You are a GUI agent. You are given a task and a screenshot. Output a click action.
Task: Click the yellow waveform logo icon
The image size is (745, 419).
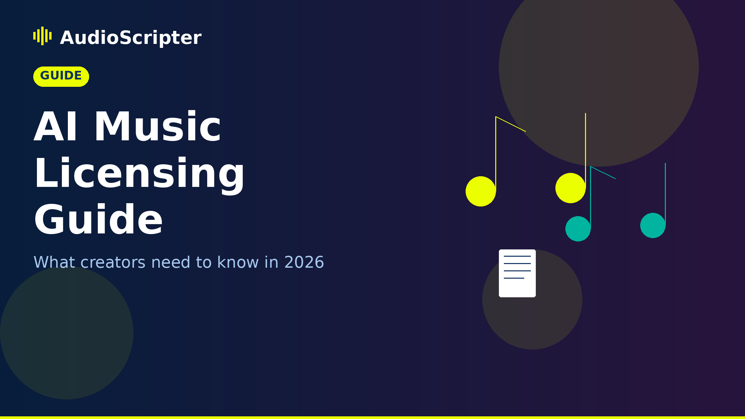pos(42,36)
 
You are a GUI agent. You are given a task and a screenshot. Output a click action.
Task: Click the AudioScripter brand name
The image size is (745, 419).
pos(130,38)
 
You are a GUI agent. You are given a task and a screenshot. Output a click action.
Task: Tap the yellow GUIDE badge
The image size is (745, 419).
pos(61,76)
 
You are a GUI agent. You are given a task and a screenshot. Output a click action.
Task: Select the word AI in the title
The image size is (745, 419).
pos(56,127)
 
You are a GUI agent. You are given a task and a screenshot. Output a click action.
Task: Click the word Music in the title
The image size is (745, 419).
pos(157,127)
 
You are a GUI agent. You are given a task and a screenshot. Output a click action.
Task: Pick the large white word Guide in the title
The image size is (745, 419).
pos(98,220)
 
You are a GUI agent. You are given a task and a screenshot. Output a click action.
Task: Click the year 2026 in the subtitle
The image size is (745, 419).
pos(304,262)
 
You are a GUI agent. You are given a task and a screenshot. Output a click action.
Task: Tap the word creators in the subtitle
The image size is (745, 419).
pos(113,262)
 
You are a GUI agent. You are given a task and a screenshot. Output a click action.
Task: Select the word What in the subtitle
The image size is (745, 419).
pos(54,262)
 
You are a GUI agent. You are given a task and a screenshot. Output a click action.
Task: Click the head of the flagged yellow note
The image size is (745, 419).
pos(481,191)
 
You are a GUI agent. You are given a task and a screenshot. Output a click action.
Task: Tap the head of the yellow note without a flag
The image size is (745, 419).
pos(570,188)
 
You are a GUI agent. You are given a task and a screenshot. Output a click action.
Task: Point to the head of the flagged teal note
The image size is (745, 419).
pos(578,229)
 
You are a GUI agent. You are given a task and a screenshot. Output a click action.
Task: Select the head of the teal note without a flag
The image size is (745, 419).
pos(653,225)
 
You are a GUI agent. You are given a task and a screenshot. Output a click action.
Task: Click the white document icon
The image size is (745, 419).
pos(517,273)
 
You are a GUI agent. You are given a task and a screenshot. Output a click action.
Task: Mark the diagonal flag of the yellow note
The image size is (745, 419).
pos(511,124)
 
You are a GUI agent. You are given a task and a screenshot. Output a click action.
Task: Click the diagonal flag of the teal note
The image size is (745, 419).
pos(603,173)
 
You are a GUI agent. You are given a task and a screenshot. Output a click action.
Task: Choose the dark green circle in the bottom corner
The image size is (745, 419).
pos(67,333)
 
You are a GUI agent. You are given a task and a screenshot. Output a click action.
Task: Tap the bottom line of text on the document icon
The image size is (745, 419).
pos(514,278)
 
